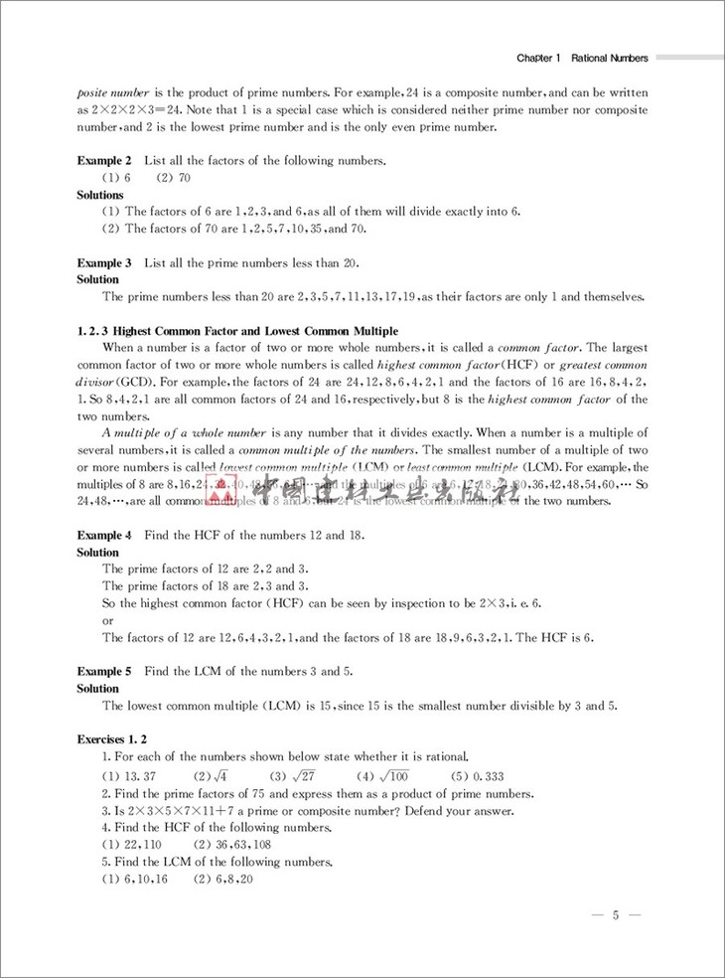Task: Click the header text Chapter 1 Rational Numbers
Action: (582, 59)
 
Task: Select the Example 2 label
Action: (104, 161)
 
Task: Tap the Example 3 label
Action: (104, 263)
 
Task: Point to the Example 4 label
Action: (104, 536)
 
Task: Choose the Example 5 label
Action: (104, 672)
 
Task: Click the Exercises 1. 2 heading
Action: (112, 739)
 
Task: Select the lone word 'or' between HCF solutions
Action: (108, 620)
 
